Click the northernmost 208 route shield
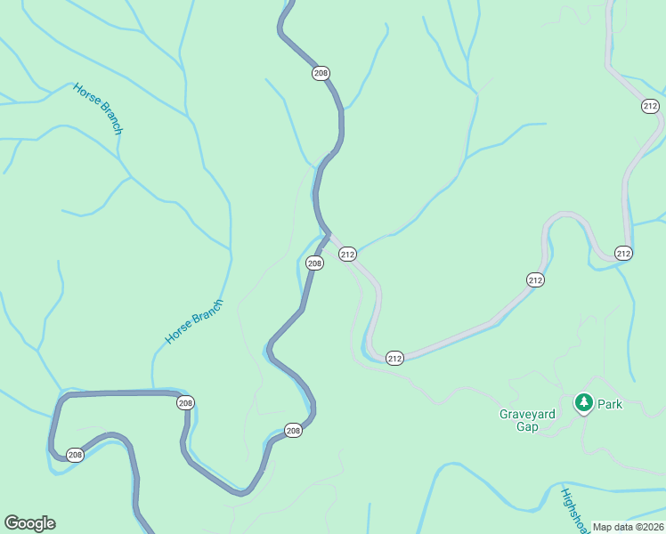click(x=321, y=73)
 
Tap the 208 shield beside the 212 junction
click(x=314, y=263)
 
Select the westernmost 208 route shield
click(x=75, y=455)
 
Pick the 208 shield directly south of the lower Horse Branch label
click(x=185, y=403)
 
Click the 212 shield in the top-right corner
click(x=650, y=106)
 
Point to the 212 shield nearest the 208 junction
click(x=347, y=255)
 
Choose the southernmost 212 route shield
click(x=395, y=358)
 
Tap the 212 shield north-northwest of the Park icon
click(x=535, y=279)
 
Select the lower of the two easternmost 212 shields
click(x=623, y=254)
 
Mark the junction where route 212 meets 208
click(x=328, y=235)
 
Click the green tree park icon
click(x=583, y=404)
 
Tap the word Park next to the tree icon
click(x=610, y=404)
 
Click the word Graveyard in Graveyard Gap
click(x=526, y=414)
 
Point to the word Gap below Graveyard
click(x=527, y=426)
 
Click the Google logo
click(x=29, y=523)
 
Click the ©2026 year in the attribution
click(x=649, y=527)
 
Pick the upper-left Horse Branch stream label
click(x=98, y=108)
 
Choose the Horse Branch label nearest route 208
click(x=194, y=322)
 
